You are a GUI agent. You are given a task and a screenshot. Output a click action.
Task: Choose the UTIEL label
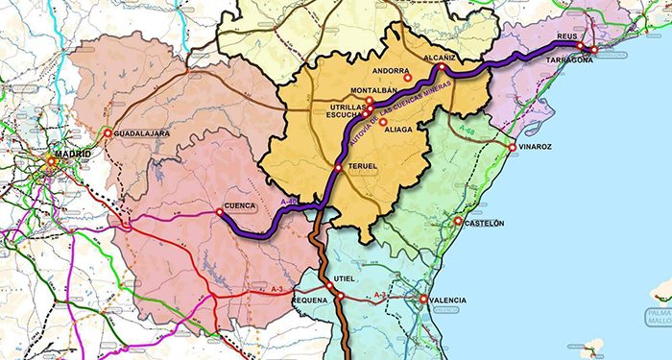pos(345,279)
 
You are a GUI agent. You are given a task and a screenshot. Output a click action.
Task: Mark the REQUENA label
pos(310,300)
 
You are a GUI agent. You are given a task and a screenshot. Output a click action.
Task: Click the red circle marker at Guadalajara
pos(108,133)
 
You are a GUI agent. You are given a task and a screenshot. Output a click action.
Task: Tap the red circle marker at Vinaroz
pos(515,147)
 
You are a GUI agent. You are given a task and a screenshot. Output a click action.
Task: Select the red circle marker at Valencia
pos(423,300)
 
